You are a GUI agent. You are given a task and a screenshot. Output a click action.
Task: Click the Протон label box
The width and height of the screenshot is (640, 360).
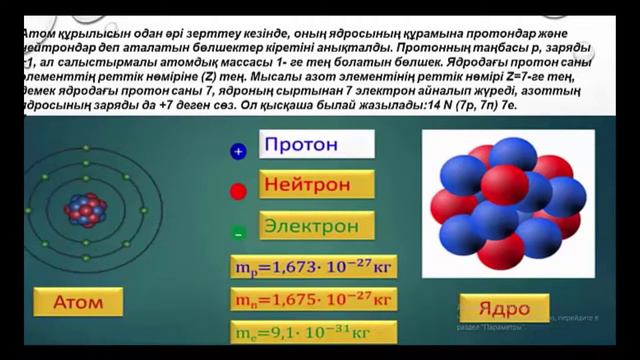[x=316, y=144]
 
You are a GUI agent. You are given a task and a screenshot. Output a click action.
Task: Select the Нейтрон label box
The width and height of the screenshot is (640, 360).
[x=316, y=185]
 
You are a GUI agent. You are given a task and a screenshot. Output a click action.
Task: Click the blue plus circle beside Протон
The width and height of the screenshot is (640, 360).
[x=238, y=152]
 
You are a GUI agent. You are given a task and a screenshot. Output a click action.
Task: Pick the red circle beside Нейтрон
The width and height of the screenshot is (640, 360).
[x=238, y=191]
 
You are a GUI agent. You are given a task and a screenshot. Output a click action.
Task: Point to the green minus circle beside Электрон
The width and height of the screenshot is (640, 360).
[x=238, y=232]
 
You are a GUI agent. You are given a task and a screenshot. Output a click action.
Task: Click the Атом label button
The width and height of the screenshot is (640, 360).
[x=78, y=301]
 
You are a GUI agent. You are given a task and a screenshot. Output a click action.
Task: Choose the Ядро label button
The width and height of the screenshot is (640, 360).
[x=504, y=307]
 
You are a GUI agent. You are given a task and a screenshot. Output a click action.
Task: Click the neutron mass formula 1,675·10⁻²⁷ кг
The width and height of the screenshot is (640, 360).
[x=313, y=299]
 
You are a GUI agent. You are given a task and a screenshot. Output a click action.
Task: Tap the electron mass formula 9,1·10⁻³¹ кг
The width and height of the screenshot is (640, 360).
[x=313, y=331]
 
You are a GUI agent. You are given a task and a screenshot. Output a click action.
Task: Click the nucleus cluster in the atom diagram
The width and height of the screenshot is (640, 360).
[x=84, y=209]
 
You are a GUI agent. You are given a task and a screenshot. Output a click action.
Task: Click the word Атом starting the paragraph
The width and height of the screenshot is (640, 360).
[x=37, y=32]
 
